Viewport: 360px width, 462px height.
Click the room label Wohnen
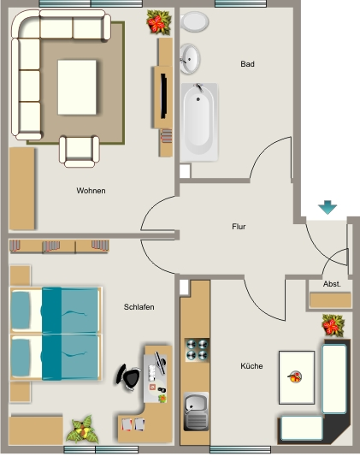click(91, 191)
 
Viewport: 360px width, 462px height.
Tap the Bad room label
click(247, 64)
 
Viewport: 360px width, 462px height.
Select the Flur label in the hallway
click(239, 227)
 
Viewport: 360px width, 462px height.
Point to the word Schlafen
click(139, 307)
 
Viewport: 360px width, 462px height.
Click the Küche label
click(251, 366)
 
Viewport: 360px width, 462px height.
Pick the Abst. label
click(332, 284)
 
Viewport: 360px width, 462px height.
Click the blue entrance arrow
click(328, 207)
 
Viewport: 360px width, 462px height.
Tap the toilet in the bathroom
click(194, 21)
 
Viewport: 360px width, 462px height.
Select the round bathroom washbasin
click(190, 59)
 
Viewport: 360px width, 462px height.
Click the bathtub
click(199, 122)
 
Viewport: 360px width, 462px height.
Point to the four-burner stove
click(197, 350)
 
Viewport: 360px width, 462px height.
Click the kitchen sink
click(196, 412)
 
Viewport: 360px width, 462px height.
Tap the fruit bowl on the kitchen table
click(295, 376)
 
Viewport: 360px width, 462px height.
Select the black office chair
click(128, 377)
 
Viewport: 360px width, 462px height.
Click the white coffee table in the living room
click(77, 87)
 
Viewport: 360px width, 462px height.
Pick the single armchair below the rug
click(80, 151)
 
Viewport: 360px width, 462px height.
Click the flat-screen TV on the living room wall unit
click(163, 97)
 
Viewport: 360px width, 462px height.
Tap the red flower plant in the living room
click(159, 22)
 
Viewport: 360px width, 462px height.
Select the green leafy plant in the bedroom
click(82, 429)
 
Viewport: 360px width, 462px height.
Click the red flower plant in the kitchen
click(333, 325)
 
